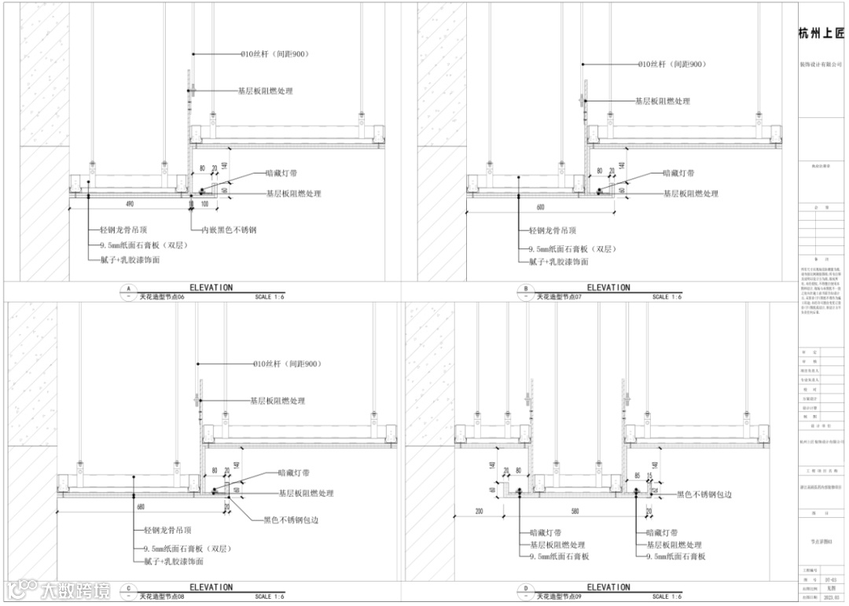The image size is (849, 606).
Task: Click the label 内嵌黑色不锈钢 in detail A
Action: point(229,230)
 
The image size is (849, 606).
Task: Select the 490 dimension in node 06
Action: point(129,204)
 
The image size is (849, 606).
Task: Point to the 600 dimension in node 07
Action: point(540,207)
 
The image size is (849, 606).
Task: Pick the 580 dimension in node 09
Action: point(575,512)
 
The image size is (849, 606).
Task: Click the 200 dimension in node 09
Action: point(480,512)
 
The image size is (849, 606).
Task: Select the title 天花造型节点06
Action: point(162,297)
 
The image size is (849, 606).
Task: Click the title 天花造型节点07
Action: point(559,297)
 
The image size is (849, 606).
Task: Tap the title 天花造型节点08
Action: point(162,597)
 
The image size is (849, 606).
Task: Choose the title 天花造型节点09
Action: point(559,597)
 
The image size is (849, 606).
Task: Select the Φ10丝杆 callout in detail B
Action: point(669,64)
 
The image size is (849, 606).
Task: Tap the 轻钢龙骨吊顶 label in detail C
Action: point(171,531)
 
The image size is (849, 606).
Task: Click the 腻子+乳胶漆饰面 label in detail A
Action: point(130,259)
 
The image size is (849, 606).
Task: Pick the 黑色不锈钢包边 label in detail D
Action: point(704,495)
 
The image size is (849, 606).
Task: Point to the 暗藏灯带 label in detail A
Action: point(281,174)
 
